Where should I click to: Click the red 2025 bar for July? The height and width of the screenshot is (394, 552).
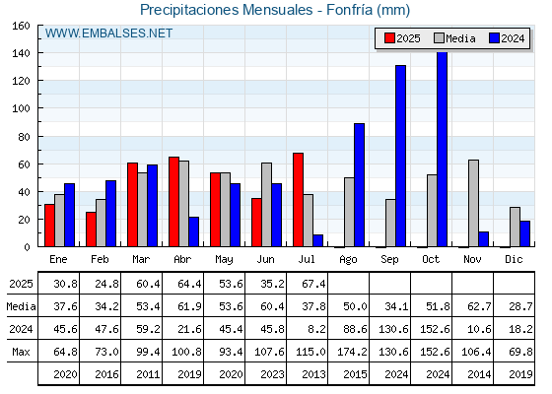pyautogui.click(x=298, y=200)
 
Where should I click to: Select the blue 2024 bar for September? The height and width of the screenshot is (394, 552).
pyautogui.click(x=400, y=156)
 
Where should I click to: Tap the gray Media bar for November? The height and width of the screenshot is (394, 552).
pyautogui.click(x=473, y=203)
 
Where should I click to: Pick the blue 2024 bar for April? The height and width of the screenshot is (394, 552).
pyautogui.click(x=193, y=231)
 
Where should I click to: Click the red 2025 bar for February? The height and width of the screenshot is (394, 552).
pyautogui.click(x=91, y=230)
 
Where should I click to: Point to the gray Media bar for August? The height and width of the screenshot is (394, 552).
pyautogui.click(x=349, y=212)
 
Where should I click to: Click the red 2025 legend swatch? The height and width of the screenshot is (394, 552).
pyautogui.click(x=389, y=38)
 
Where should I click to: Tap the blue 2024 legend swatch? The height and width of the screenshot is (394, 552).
pyautogui.click(x=494, y=38)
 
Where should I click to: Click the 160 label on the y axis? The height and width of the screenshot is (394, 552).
pyautogui.click(x=21, y=26)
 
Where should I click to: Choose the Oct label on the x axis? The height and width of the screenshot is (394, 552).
pyautogui.click(x=431, y=260)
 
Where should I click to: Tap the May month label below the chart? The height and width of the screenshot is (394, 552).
pyautogui.click(x=224, y=260)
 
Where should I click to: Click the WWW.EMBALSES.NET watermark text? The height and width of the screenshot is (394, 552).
pyautogui.click(x=108, y=33)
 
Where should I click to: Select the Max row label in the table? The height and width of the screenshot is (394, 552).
pyautogui.click(x=21, y=352)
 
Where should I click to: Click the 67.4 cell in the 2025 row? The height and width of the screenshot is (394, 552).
pyautogui.click(x=313, y=284)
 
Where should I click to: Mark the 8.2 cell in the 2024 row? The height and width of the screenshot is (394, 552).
pyautogui.click(x=316, y=329)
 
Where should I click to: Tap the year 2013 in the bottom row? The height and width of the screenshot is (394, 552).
pyautogui.click(x=313, y=374)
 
